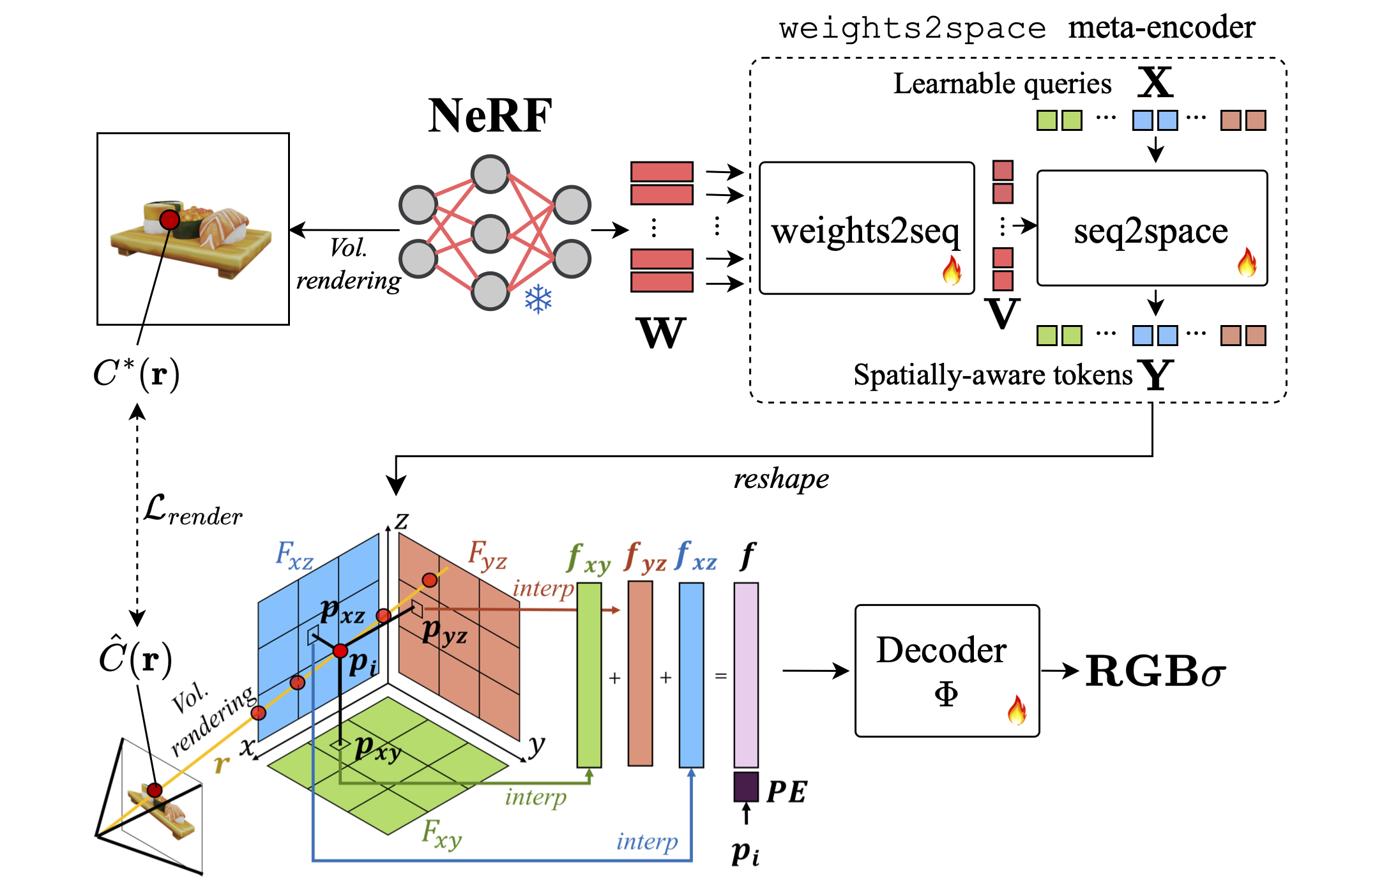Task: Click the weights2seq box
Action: pyautogui.click(x=866, y=228)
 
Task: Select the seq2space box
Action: pyautogui.click(x=1151, y=228)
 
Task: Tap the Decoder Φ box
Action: pyautogui.click(x=946, y=671)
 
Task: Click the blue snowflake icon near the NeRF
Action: pyautogui.click(x=538, y=299)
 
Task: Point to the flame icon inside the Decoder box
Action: pyautogui.click(x=1017, y=710)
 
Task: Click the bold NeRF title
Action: pyautogui.click(x=490, y=116)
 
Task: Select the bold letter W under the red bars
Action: pyautogui.click(x=661, y=333)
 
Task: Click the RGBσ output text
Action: pyautogui.click(x=1155, y=672)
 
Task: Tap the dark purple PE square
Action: pyautogui.click(x=746, y=787)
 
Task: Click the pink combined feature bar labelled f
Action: pyautogui.click(x=746, y=674)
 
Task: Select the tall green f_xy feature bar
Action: pyautogui.click(x=589, y=674)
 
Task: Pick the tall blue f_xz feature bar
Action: pyautogui.click(x=691, y=674)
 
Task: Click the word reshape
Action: pyautogui.click(x=780, y=479)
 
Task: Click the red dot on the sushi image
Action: pyautogui.click(x=170, y=220)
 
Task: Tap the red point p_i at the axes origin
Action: pyautogui.click(x=340, y=651)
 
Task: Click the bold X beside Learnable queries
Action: pyautogui.click(x=1155, y=83)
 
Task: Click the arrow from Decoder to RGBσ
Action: pyautogui.click(x=1060, y=671)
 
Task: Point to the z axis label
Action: pyautogui.click(x=401, y=520)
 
